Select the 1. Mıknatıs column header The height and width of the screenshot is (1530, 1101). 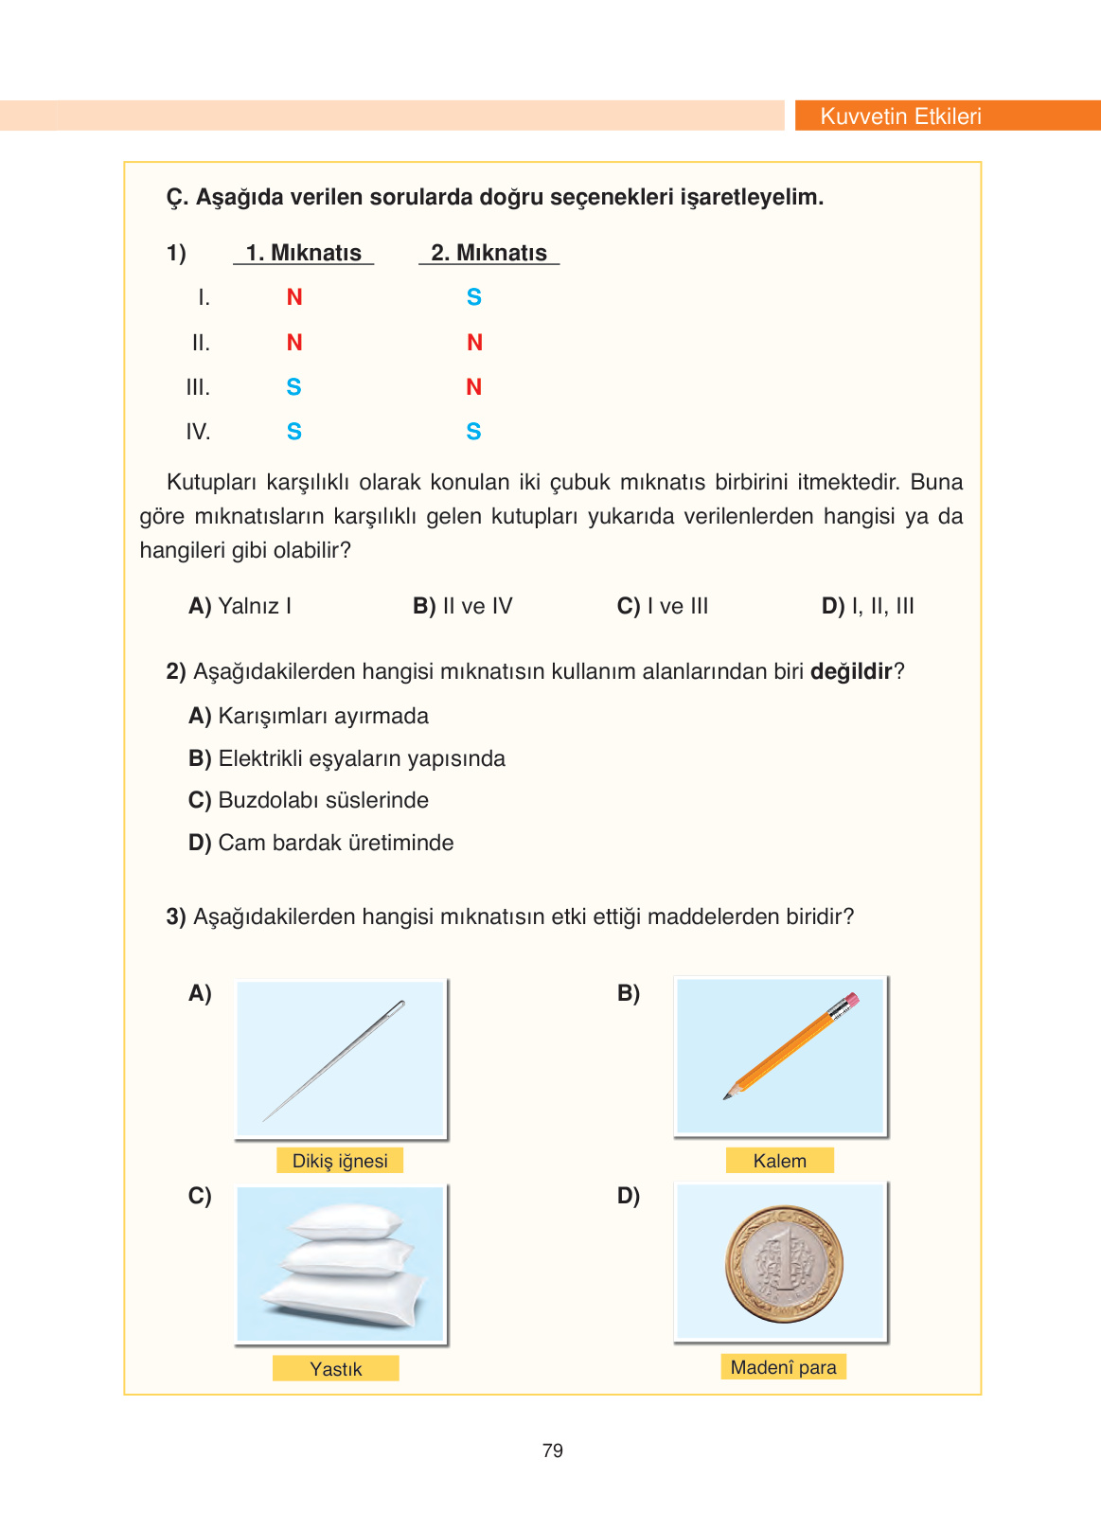click(303, 253)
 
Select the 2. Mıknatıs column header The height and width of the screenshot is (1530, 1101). click(488, 253)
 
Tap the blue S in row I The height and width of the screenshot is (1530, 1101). click(474, 297)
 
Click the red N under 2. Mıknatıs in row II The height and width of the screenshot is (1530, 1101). click(474, 343)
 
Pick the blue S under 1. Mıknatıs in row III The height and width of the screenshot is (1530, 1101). click(293, 387)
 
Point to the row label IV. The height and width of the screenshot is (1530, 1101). click(198, 432)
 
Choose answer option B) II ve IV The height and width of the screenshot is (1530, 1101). click(462, 606)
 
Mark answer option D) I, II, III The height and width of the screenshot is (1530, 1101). click(867, 606)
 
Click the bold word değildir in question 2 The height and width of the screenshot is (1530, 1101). click(851, 671)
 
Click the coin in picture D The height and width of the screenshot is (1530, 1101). click(784, 1264)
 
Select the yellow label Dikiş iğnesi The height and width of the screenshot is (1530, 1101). click(340, 1161)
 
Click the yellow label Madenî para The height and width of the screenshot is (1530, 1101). click(783, 1367)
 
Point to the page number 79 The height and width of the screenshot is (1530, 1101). click(553, 1450)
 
